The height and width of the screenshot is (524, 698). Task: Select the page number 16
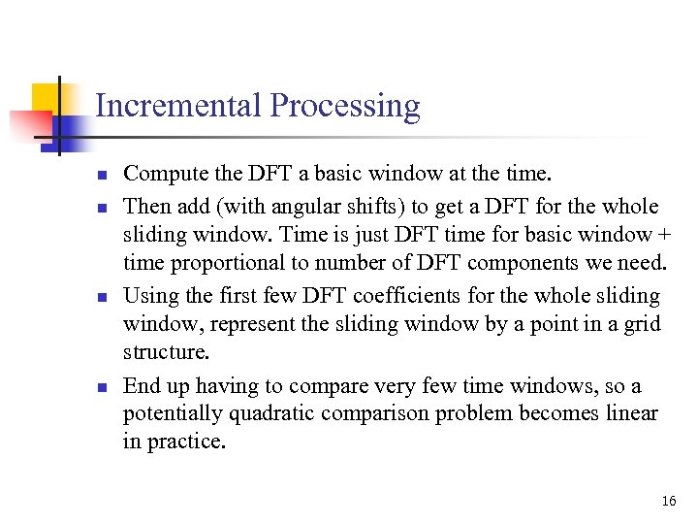[x=668, y=501]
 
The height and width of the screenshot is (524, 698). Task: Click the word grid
[x=641, y=325]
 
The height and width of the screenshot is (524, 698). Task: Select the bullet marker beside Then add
[x=100, y=207]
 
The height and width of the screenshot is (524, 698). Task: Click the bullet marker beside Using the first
[x=100, y=296]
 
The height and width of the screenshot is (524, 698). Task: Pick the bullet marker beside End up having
[x=100, y=386]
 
